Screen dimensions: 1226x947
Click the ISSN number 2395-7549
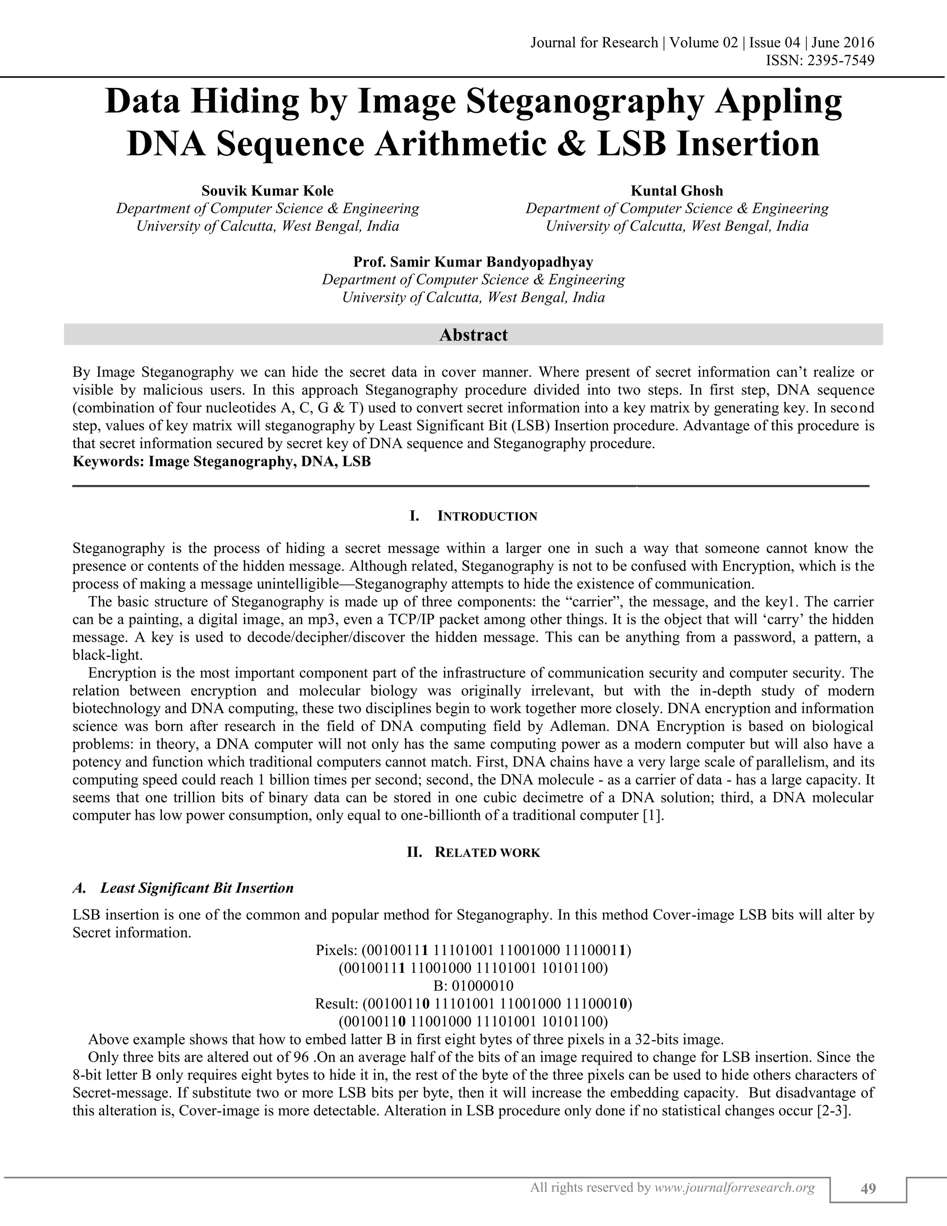coord(840,60)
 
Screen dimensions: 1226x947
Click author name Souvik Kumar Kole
coord(268,191)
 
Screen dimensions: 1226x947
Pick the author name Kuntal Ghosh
coord(677,191)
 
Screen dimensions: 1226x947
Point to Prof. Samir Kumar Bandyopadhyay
coord(473,262)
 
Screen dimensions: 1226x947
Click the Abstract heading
coord(473,335)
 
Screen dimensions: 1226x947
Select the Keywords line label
coord(108,462)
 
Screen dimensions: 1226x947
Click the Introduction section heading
coord(486,516)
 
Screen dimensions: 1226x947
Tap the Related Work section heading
coord(486,853)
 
